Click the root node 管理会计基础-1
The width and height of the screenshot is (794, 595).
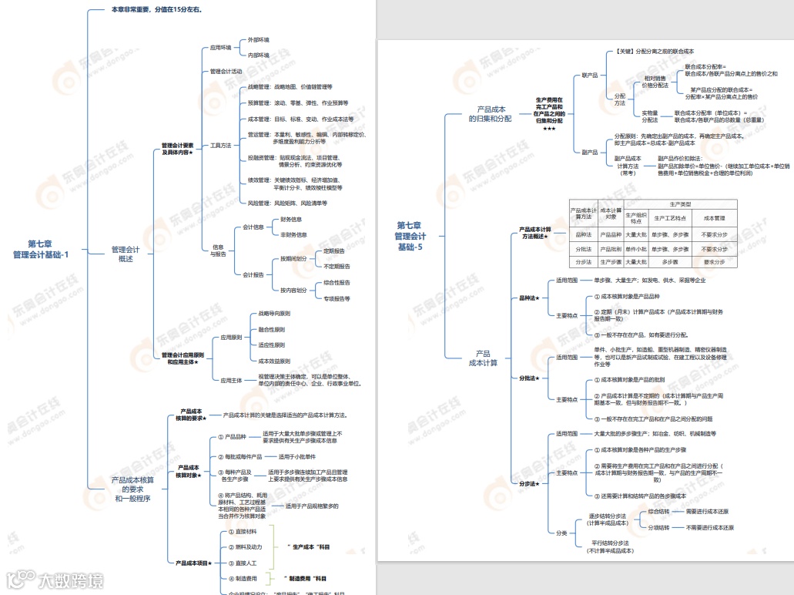(x=41, y=250)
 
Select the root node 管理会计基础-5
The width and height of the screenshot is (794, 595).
(x=410, y=236)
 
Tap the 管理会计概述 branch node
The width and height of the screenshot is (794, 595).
(x=126, y=254)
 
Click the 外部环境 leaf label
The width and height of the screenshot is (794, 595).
(x=258, y=39)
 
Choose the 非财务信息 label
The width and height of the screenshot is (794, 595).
(x=293, y=234)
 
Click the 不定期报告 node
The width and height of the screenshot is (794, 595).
(x=337, y=266)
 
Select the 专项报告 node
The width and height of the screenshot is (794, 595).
(x=337, y=298)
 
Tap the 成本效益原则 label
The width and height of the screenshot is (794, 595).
(x=274, y=361)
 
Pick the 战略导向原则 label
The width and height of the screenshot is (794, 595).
(x=274, y=314)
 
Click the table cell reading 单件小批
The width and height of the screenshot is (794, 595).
(x=635, y=249)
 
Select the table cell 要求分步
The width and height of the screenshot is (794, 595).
(x=714, y=262)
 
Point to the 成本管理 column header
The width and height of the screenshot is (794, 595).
(x=714, y=218)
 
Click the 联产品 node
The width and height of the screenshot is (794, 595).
(x=590, y=76)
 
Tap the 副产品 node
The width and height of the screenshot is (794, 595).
(x=590, y=152)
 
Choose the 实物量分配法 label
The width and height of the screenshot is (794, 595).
(x=650, y=116)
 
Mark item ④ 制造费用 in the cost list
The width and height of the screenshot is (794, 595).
(x=244, y=578)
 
